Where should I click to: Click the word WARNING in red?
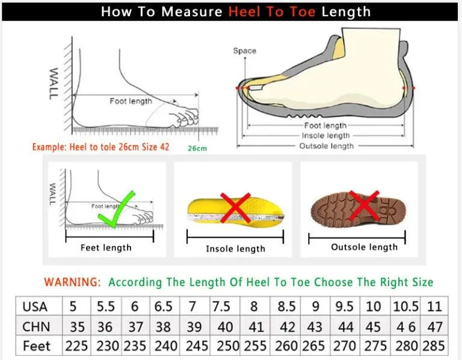click(73, 282)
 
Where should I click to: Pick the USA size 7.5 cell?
click(223, 306)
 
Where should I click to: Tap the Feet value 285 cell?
click(434, 346)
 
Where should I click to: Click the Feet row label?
click(37, 346)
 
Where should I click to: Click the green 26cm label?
click(197, 148)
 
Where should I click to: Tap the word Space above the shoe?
click(244, 51)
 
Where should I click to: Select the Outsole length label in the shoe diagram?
click(327, 146)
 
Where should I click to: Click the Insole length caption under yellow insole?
click(235, 249)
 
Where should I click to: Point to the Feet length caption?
click(106, 247)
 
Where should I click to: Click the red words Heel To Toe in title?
click(271, 11)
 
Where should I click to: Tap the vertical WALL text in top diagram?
click(54, 83)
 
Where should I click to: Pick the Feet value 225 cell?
click(76, 346)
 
